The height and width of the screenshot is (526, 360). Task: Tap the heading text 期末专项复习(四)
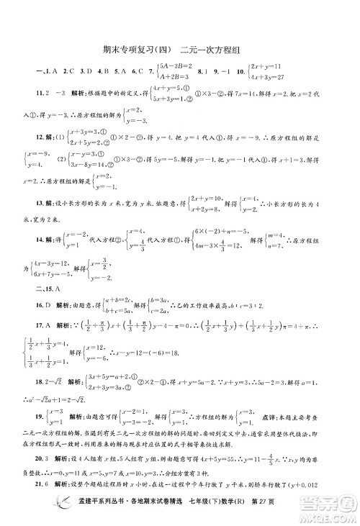tap(134, 50)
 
